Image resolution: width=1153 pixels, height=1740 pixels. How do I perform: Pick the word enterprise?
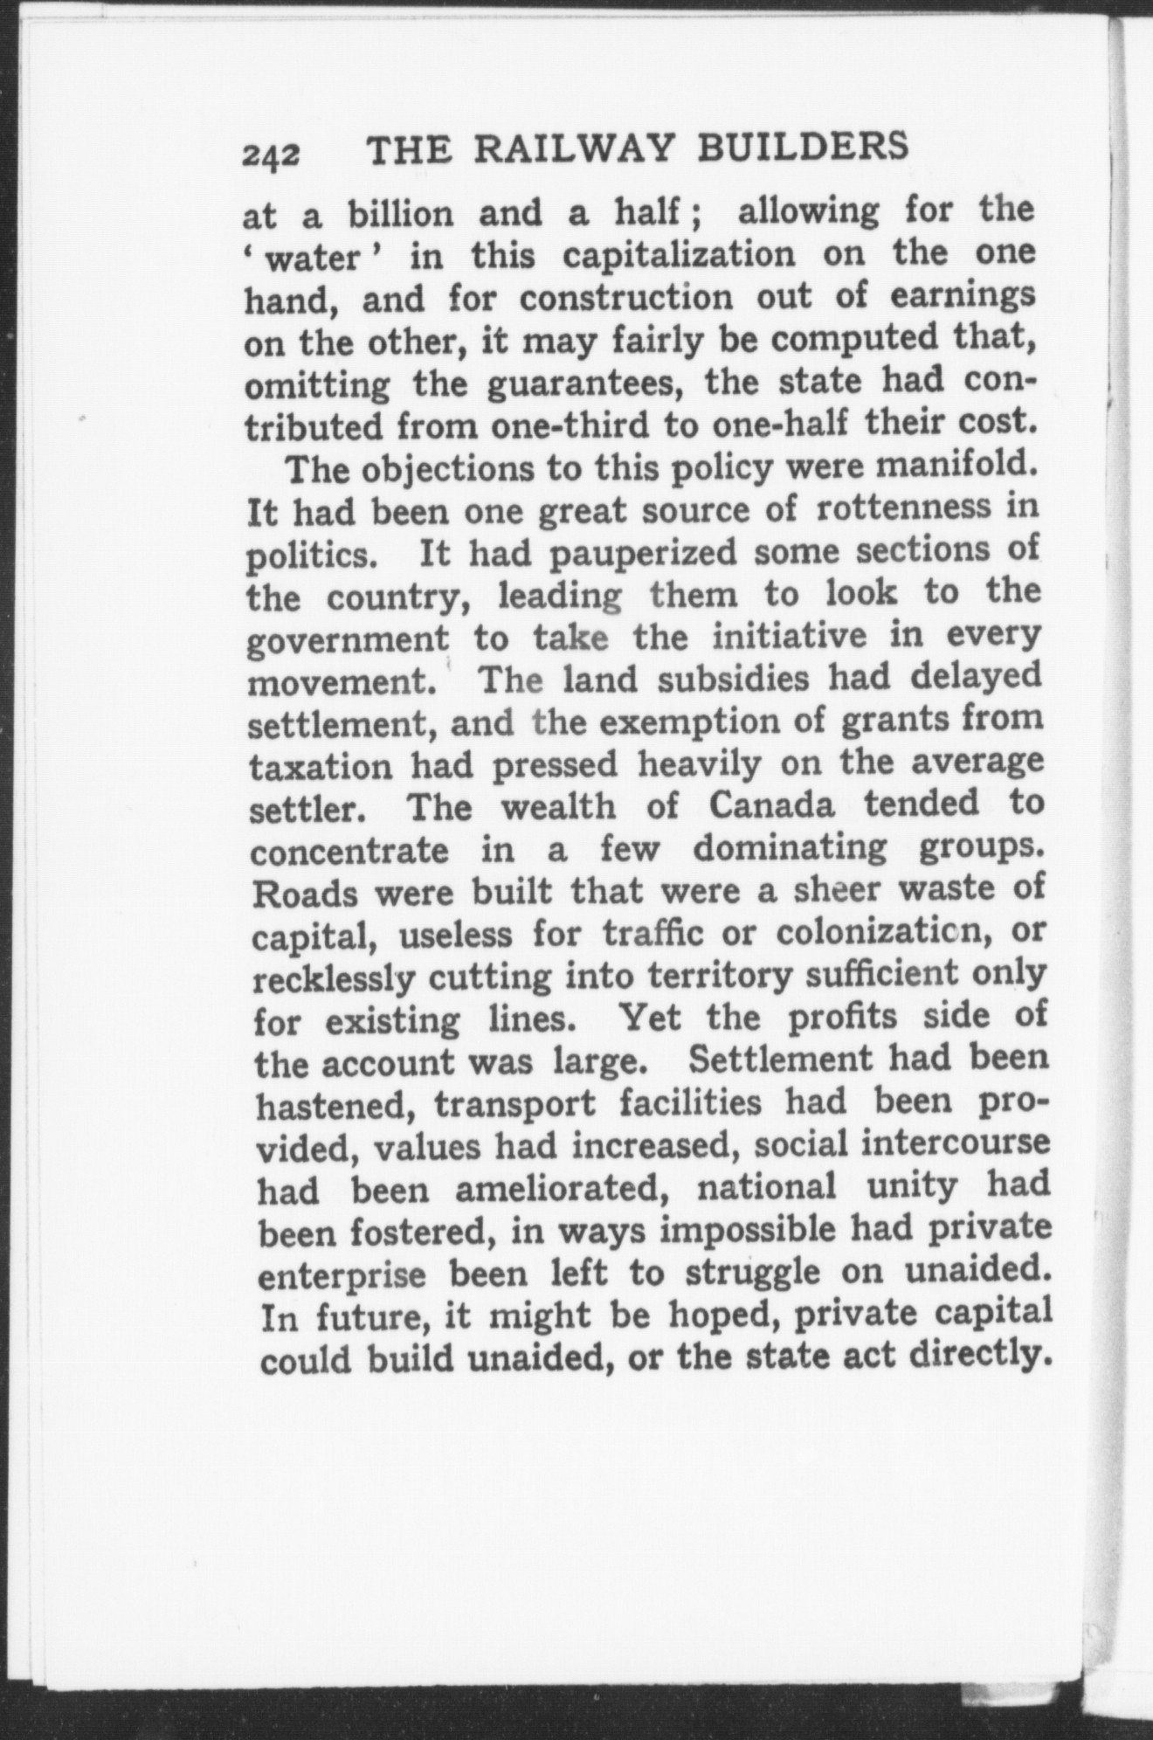pos(342,1274)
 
